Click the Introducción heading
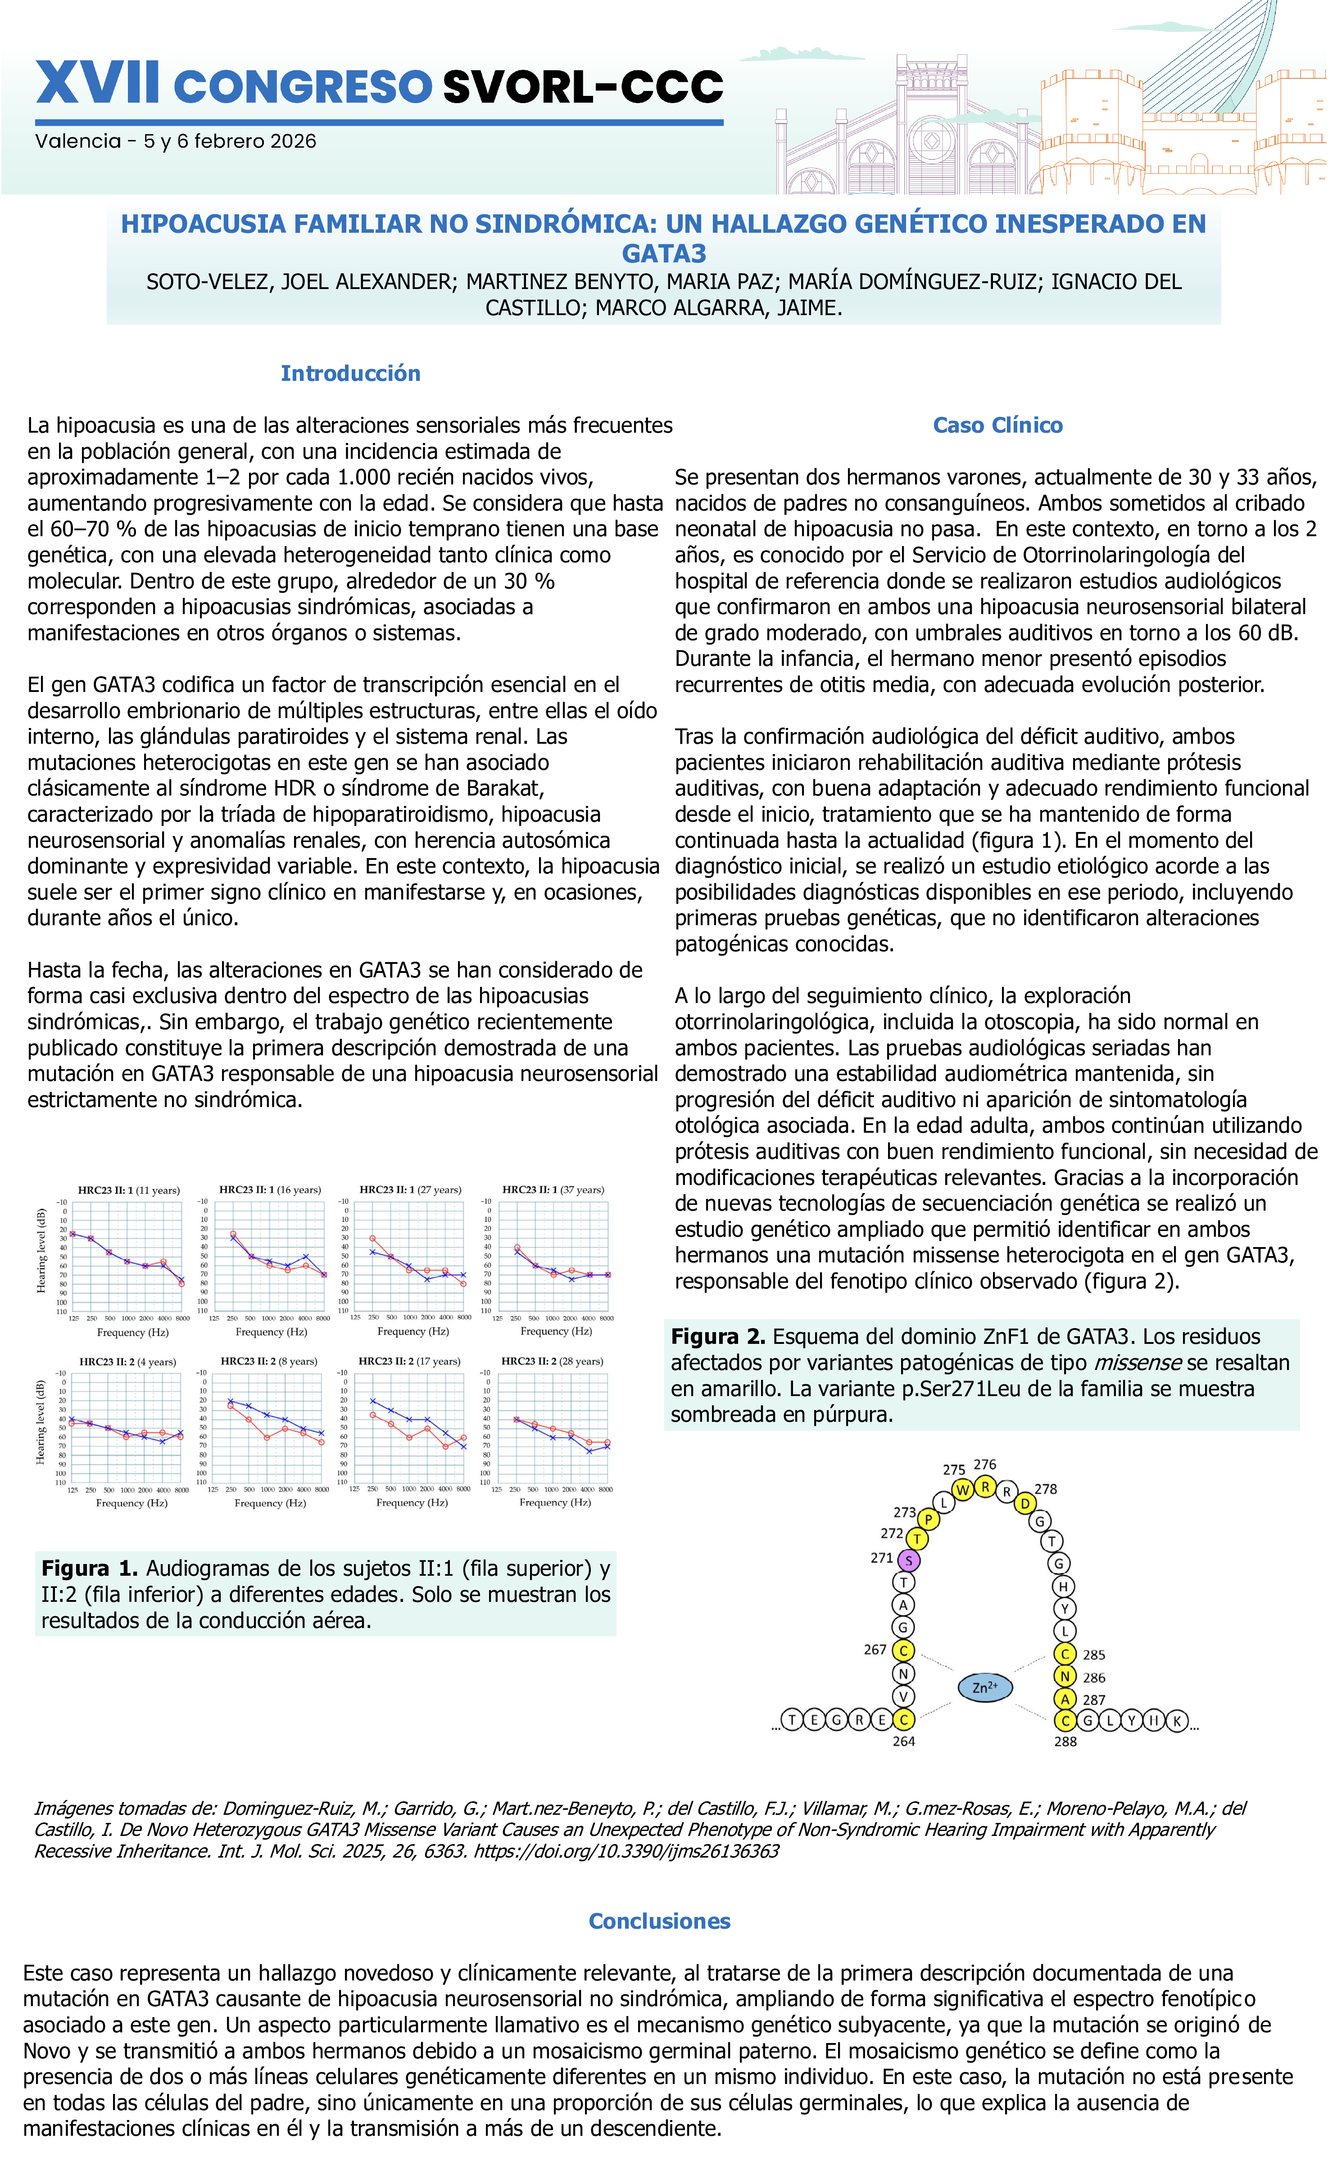(x=350, y=373)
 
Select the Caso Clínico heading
(x=998, y=425)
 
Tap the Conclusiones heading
(x=660, y=1921)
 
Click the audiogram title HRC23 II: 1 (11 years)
(x=129, y=1190)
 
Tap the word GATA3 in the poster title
(x=664, y=253)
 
